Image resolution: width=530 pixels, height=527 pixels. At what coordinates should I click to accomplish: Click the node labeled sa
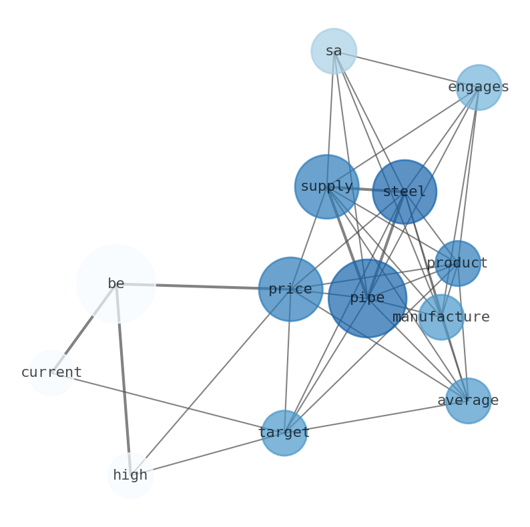tap(334, 51)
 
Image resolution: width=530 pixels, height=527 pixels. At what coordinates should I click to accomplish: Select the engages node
tap(479, 87)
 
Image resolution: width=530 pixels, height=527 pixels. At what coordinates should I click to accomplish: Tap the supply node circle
tap(326, 187)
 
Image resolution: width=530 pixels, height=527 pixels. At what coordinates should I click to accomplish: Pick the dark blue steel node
tap(405, 192)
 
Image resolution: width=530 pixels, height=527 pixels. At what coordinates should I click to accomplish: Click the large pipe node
tap(367, 298)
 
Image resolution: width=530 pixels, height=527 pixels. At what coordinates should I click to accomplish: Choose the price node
tap(290, 289)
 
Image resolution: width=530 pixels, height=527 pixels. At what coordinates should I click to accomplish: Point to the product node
tap(457, 263)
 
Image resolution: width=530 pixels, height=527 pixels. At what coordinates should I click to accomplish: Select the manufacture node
tap(441, 318)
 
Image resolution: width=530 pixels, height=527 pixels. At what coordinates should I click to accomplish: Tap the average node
tap(468, 401)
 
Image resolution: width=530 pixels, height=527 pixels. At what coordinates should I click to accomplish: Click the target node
tap(284, 433)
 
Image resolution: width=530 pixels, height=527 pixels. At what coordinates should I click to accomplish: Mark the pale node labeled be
tap(116, 284)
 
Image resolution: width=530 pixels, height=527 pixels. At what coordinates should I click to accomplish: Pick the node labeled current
tap(51, 373)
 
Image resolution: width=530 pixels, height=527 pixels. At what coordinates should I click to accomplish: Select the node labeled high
tap(130, 476)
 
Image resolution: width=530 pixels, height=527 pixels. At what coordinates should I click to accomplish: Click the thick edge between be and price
tap(207, 286)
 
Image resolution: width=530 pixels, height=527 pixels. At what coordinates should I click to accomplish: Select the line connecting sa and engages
tap(407, 69)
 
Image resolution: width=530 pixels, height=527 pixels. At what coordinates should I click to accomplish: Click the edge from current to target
tap(167, 403)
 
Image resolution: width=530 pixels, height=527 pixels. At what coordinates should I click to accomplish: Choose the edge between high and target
tap(207, 454)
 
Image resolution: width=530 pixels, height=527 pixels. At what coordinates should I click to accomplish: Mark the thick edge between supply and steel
tap(365, 189)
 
